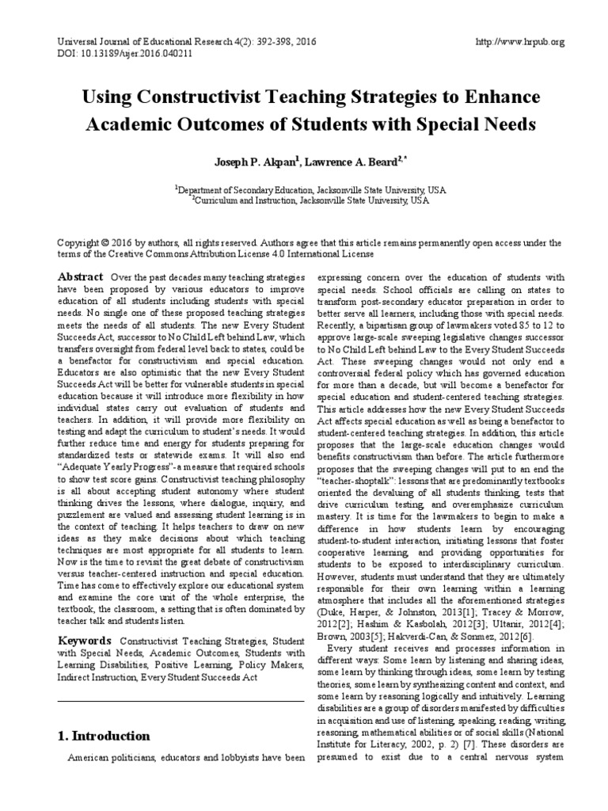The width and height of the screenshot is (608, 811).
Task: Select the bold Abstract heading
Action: pos(81,276)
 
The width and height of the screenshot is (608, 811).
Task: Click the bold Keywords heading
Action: pos(85,638)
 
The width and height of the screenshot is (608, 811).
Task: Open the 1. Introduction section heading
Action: pos(104,736)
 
